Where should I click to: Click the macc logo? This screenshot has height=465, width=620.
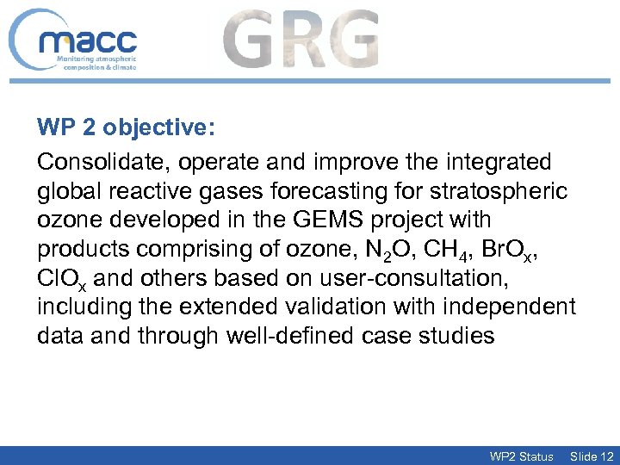click(x=75, y=41)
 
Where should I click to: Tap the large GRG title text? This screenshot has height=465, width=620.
click(x=301, y=39)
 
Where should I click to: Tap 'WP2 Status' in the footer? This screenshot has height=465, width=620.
click(x=521, y=456)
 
